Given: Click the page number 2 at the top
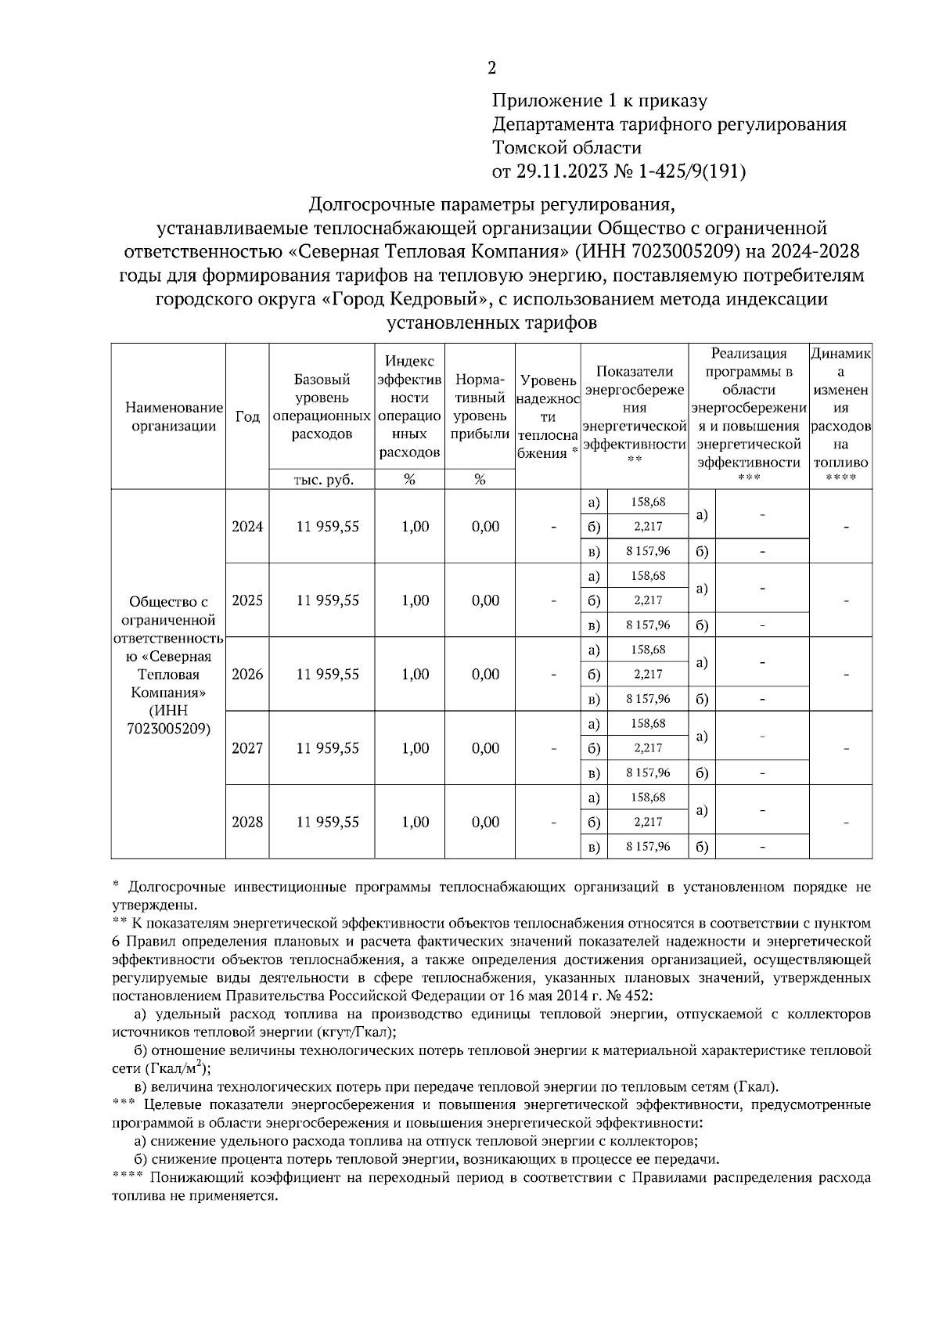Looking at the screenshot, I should [x=491, y=69].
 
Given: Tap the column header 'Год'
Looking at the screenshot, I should [x=247, y=416].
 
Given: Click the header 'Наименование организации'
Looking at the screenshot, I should [x=169, y=416].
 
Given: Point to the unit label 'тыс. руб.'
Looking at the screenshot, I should [x=322, y=480].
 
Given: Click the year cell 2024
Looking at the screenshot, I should [x=247, y=527].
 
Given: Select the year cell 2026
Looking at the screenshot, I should [x=247, y=675].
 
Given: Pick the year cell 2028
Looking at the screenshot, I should [x=247, y=823].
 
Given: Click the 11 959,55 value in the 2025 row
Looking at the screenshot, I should [x=327, y=600].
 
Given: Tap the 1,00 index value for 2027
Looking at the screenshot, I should [x=415, y=748].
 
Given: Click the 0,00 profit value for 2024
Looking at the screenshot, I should [x=485, y=527].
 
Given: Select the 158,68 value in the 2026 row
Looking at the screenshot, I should [x=648, y=650].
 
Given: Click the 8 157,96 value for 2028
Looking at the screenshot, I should [x=648, y=847].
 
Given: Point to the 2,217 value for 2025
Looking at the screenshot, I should [x=648, y=600].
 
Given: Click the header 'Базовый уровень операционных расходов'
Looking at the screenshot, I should [x=322, y=407].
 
